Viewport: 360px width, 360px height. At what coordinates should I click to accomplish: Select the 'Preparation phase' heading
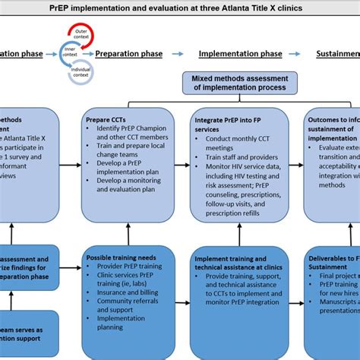(128, 54)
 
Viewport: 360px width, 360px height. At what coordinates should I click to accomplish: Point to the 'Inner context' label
(70, 54)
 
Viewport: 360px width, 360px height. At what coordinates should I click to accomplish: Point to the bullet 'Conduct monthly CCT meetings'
(237, 144)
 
